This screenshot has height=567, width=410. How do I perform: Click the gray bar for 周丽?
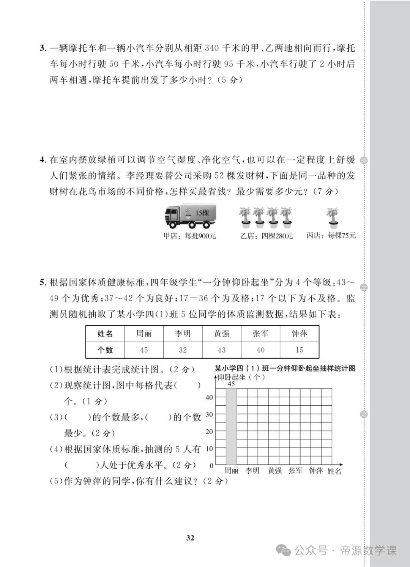[231, 427]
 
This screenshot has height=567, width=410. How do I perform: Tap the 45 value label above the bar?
[231, 384]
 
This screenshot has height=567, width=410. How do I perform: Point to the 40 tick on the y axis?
[209, 397]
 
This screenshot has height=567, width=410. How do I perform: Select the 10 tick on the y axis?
[209, 449]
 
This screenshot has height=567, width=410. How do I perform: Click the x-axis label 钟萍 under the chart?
[315, 471]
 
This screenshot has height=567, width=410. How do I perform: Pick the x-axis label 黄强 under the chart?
[274, 471]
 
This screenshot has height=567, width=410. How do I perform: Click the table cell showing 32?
[183, 350]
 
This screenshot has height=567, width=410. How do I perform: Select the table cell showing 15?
[300, 350]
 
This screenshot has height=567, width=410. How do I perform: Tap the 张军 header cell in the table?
[260, 334]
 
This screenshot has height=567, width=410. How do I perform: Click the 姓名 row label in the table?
[105, 334]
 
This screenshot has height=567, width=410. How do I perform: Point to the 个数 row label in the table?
[105, 350]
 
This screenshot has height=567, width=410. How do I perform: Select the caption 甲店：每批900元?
[189, 236]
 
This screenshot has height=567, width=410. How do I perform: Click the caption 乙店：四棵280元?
[266, 236]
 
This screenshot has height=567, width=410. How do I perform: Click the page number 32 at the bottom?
[191, 537]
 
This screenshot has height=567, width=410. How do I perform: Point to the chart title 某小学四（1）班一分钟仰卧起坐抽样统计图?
[285, 368]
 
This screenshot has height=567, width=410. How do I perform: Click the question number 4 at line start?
[43, 160]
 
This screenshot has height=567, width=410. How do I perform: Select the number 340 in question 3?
[212, 48]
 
